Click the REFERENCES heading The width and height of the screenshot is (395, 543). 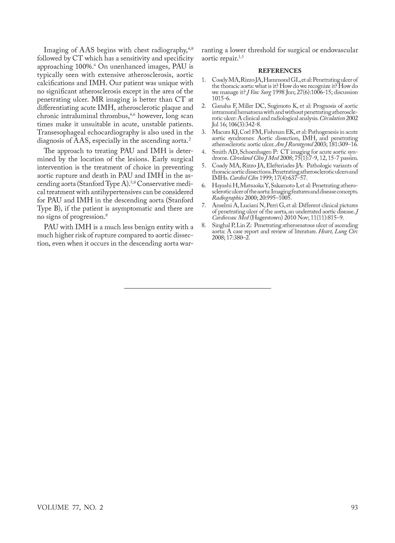pyautogui.click(x=279, y=71)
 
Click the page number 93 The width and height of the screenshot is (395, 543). pyautogui.click(x=354, y=507)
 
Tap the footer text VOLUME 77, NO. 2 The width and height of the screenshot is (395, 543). pyautogui.click(x=70, y=507)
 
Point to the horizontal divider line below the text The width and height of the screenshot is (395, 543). pyautogui.click(x=197, y=288)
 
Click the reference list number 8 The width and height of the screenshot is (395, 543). pyautogui.click(x=204, y=225)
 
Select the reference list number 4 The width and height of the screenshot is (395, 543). pyautogui.click(x=204, y=152)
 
